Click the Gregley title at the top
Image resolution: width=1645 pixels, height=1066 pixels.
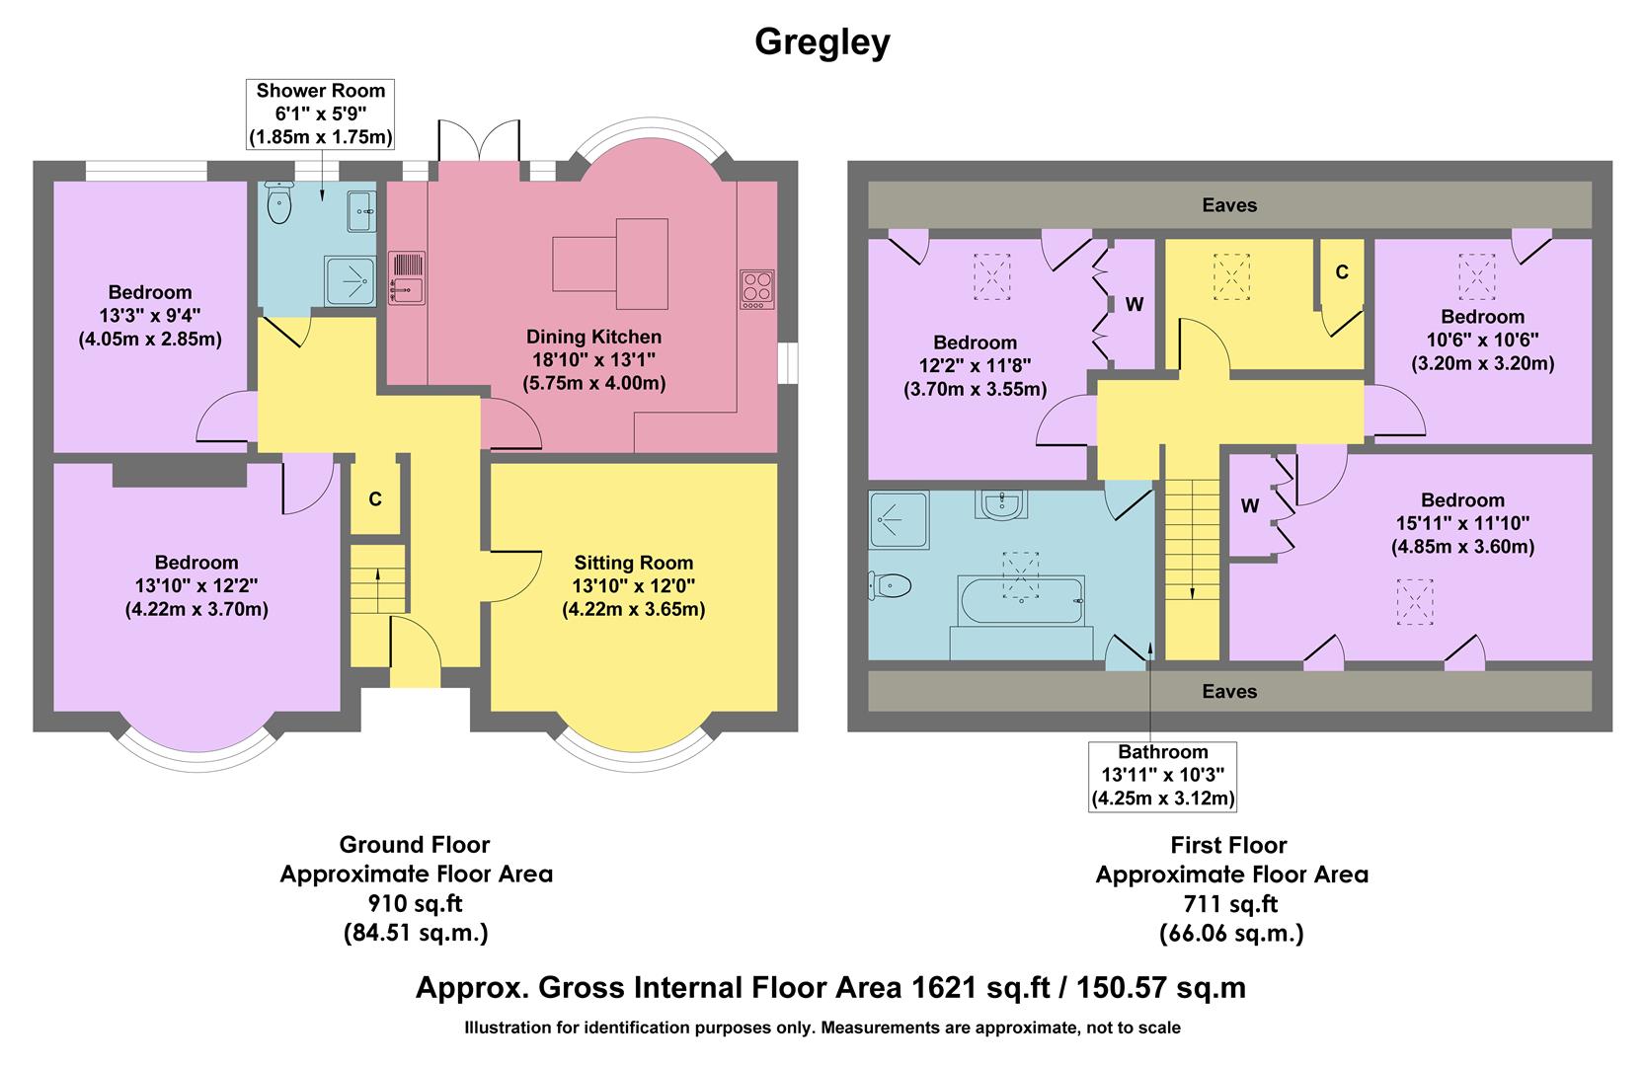coord(822,42)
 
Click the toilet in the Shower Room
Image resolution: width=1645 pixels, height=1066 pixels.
coord(279,204)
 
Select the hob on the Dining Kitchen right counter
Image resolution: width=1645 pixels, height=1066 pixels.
coord(757,288)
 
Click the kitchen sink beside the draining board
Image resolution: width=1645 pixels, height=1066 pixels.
coord(408,289)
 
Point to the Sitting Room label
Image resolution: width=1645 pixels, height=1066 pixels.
coord(633,563)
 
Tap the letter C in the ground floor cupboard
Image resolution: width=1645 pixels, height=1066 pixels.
coord(375,499)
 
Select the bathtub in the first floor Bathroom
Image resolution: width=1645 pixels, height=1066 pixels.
coord(1021,600)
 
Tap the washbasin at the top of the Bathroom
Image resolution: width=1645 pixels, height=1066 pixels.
coord(1003,504)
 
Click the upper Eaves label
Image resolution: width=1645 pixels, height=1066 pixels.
coord(1229,205)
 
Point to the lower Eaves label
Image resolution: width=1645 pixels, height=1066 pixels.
coord(1229,691)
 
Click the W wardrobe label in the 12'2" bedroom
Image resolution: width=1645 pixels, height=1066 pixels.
coord(1134,304)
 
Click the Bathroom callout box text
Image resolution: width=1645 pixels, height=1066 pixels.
coord(1162,775)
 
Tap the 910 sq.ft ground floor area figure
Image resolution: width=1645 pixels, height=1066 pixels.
coord(415,902)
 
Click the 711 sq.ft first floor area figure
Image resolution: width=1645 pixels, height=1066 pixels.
coord(1230,902)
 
